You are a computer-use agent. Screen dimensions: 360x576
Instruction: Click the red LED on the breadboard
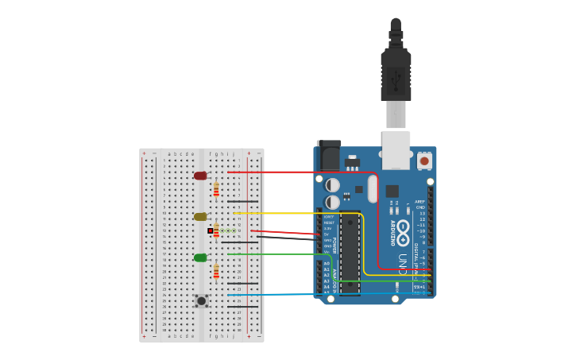(x=200, y=176)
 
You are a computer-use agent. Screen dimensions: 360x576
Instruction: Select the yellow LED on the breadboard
(x=200, y=216)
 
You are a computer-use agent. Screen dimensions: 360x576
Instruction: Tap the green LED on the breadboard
(x=200, y=257)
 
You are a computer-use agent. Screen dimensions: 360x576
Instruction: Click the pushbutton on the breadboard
(x=202, y=300)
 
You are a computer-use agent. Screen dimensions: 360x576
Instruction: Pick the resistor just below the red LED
(x=215, y=190)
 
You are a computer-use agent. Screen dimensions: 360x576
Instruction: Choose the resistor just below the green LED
(x=215, y=272)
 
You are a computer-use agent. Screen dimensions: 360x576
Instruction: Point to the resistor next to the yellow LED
(x=216, y=230)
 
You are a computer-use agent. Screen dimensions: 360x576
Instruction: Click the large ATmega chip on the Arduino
(x=350, y=254)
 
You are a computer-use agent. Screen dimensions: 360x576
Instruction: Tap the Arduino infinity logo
(x=403, y=233)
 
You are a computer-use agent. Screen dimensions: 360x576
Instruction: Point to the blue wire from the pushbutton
(x=318, y=294)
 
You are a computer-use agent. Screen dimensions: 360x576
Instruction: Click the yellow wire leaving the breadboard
(x=294, y=213)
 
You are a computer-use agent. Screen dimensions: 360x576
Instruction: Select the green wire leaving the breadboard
(x=278, y=254)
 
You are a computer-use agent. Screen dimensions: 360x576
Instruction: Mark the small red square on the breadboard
(x=211, y=230)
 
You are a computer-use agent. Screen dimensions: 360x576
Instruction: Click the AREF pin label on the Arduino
(x=419, y=201)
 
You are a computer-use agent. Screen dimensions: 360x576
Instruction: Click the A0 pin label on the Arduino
(x=327, y=263)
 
